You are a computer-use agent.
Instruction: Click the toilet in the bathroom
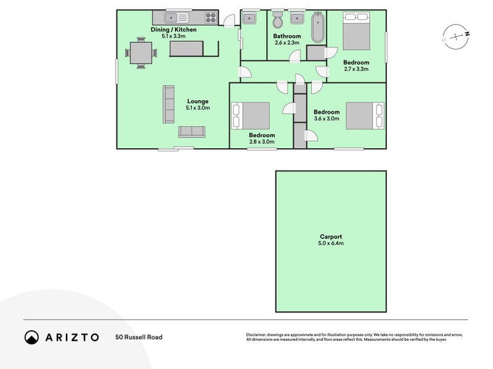click(x=277, y=20)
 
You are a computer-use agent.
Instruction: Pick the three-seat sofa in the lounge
click(x=169, y=103)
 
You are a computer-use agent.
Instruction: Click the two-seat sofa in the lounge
click(x=192, y=132)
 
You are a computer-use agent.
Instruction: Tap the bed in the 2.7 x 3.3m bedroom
click(x=356, y=34)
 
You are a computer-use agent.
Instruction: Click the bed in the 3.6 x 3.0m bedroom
click(x=365, y=116)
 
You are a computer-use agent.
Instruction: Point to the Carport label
click(x=331, y=236)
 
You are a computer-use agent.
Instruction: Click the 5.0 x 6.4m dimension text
click(x=331, y=244)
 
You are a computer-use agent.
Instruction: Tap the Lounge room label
click(x=198, y=101)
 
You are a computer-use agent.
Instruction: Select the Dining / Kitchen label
click(x=173, y=30)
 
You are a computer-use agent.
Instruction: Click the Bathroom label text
click(x=287, y=36)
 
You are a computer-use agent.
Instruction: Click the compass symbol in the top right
click(x=455, y=37)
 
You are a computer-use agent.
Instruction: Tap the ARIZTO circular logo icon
click(x=31, y=337)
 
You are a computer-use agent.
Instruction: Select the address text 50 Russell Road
click(x=139, y=337)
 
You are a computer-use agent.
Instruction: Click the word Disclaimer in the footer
click(x=258, y=335)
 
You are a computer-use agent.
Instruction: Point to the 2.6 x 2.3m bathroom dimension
click(x=287, y=43)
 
